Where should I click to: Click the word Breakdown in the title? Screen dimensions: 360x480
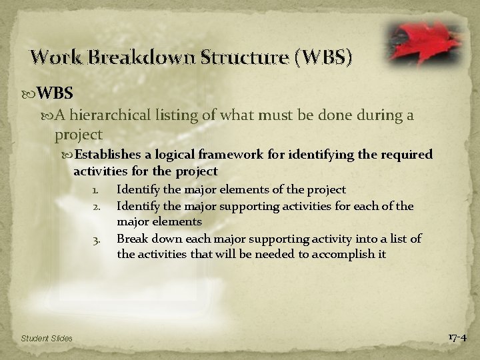pyautogui.click(x=133, y=57)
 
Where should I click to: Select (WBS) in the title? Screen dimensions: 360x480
pyautogui.click(x=321, y=57)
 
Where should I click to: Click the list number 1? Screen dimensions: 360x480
pyautogui.click(x=96, y=191)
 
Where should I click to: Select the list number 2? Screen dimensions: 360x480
pyautogui.click(x=96, y=207)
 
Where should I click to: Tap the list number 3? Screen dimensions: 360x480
pyautogui.click(x=96, y=239)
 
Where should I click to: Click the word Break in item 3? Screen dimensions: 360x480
pyautogui.click(x=131, y=239)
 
